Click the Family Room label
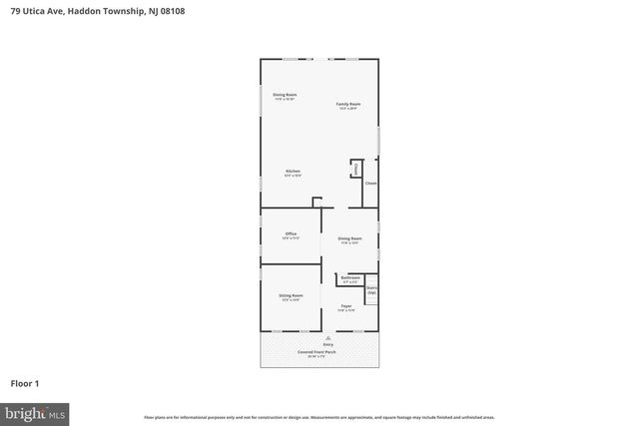pyautogui.click(x=347, y=105)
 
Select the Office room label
pyautogui.click(x=291, y=235)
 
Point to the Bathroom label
pyautogui.click(x=349, y=278)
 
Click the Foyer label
pyautogui.click(x=345, y=307)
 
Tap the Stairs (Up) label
pyautogui.click(x=371, y=290)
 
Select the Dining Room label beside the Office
pyautogui.click(x=348, y=239)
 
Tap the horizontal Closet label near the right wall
pyautogui.click(x=370, y=184)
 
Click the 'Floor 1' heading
pyautogui.click(x=24, y=382)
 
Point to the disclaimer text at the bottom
pyautogui.click(x=319, y=417)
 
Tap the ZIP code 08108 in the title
pyautogui.click(x=171, y=11)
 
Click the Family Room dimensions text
pyautogui.click(x=347, y=109)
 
